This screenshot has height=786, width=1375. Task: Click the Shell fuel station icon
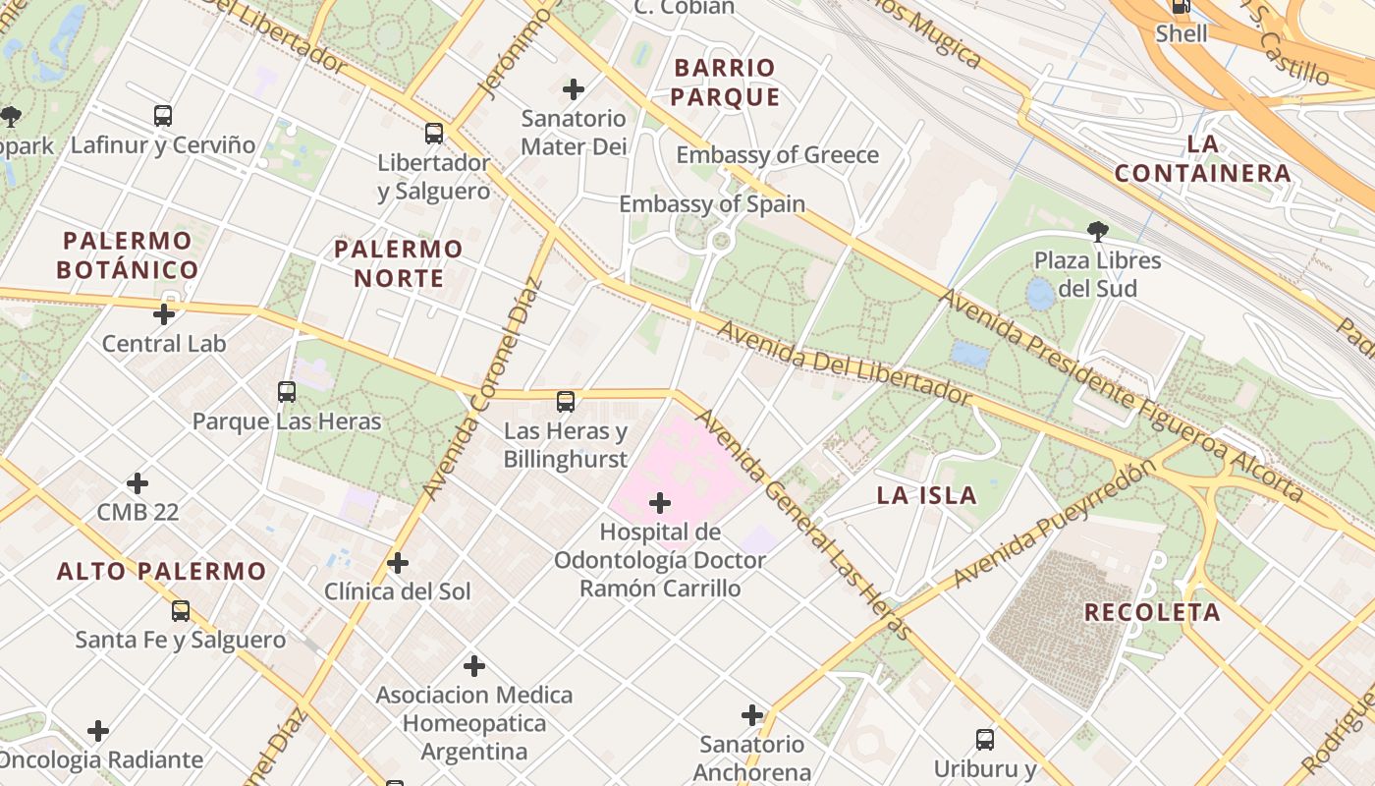[x=1181, y=6]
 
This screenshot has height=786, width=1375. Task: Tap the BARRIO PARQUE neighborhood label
[x=725, y=83]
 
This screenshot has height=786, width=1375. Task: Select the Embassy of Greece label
[x=777, y=155]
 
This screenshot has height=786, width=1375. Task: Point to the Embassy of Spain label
[x=711, y=204]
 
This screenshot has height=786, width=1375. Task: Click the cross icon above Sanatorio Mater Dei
[x=574, y=89]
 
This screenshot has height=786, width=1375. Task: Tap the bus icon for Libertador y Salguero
[x=434, y=133]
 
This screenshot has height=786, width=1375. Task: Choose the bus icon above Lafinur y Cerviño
[x=163, y=116]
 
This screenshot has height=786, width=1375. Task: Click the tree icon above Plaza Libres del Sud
[x=1097, y=232]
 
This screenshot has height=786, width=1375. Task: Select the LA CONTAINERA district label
[x=1202, y=159]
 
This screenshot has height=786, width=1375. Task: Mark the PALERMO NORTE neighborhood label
[x=399, y=263]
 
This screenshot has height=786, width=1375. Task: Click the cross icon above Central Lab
[x=164, y=314]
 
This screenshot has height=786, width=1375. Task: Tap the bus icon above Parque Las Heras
[x=287, y=392]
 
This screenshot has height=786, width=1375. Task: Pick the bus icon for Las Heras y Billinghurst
[x=566, y=401]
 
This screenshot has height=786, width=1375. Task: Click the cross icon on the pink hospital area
[x=660, y=504]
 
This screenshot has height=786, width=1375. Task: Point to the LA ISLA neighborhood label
[x=926, y=495]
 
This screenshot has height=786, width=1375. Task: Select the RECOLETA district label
[x=1152, y=612]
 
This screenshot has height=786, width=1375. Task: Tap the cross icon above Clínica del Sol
[x=398, y=563]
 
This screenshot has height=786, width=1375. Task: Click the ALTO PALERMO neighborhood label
[x=161, y=571]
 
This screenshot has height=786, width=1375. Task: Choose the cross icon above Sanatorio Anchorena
[x=752, y=715]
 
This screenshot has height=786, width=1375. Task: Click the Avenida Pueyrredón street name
[x=1049, y=525]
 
